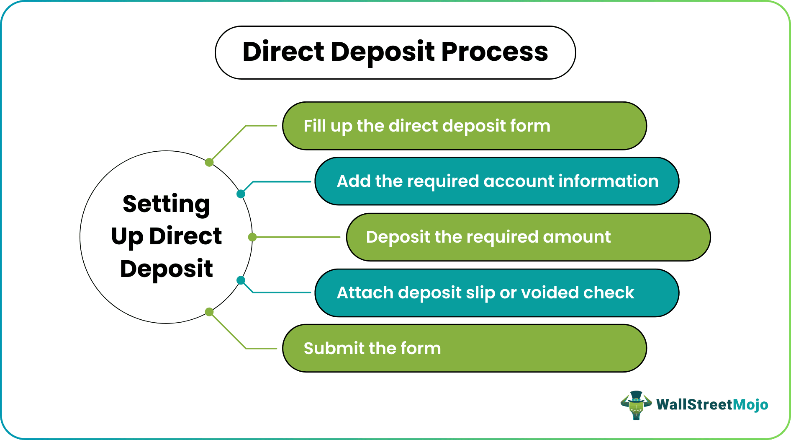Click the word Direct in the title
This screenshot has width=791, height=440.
click(283, 52)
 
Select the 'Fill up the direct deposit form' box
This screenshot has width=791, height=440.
click(464, 126)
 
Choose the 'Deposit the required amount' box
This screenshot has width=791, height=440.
click(528, 237)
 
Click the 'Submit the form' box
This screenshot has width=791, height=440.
click(464, 348)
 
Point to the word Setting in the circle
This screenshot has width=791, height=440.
click(166, 204)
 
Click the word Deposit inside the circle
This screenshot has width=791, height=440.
click(166, 269)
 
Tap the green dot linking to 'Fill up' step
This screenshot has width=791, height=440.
click(209, 162)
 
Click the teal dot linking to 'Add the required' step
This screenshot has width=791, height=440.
click(241, 194)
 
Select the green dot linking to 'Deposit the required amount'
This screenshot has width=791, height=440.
click(252, 237)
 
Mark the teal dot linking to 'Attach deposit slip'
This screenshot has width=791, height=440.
click(241, 280)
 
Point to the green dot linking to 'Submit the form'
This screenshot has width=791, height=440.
click(209, 312)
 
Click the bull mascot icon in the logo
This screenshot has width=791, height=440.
click(636, 405)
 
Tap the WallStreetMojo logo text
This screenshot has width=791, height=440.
click(712, 404)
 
